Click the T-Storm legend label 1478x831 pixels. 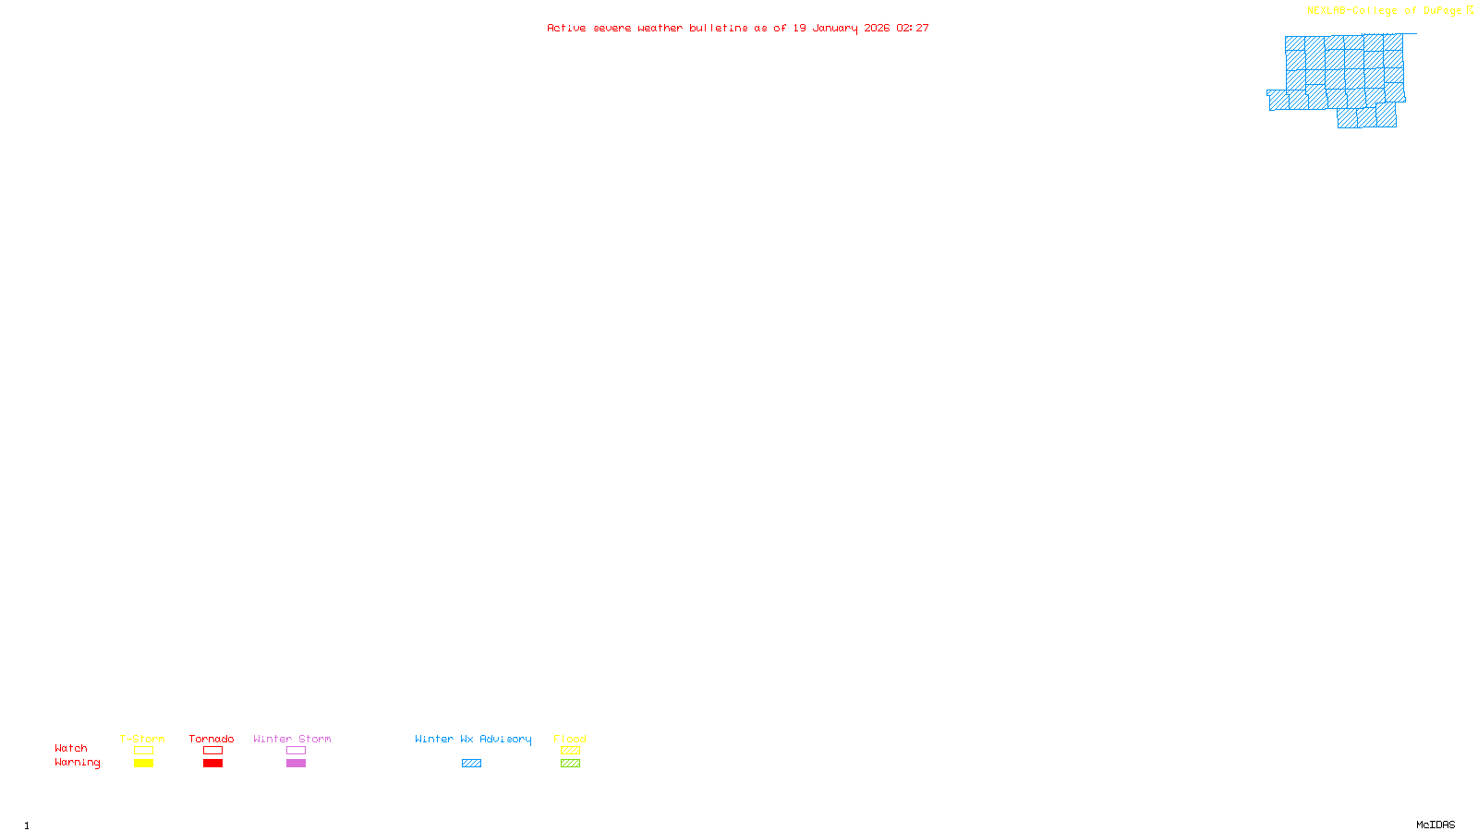(142, 739)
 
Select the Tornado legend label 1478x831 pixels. (212, 739)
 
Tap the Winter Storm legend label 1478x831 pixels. (292, 739)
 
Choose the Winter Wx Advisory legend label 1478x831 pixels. (473, 739)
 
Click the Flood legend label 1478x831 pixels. (570, 739)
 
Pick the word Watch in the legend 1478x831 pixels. (71, 748)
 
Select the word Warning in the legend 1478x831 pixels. (78, 763)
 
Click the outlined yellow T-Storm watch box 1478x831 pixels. (143, 751)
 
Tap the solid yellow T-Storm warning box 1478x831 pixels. (143, 764)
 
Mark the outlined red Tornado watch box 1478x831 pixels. (212, 751)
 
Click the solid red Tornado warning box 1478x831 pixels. (212, 764)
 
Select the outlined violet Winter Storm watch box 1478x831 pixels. (296, 751)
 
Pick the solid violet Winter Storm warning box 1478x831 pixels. (296, 764)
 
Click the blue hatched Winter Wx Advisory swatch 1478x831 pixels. (471, 764)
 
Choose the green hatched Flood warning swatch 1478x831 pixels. (570, 764)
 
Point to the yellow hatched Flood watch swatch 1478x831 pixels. (570, 751)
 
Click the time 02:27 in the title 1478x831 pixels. (913, 28)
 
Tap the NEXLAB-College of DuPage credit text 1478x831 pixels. (1385, 11)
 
